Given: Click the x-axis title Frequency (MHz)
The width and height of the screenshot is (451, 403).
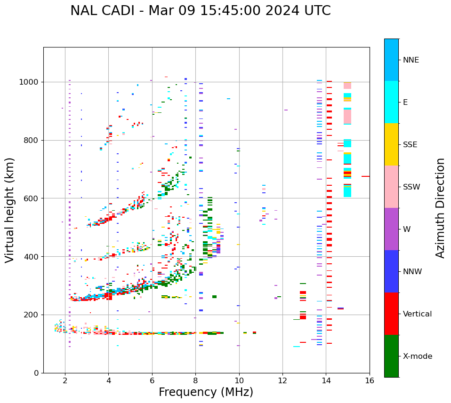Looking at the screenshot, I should coord(206,392).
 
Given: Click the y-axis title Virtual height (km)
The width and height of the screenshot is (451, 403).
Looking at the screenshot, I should coord(10,210).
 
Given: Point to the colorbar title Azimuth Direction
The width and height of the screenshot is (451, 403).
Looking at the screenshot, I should coord(440,208).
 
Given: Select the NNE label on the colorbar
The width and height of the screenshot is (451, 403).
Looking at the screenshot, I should coord(411,60).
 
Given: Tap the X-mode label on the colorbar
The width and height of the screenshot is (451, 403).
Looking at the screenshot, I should coord(417,356).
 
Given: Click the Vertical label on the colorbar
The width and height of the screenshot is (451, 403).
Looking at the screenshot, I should coord(417,314).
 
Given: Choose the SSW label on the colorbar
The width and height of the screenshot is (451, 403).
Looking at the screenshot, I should coord(411,187).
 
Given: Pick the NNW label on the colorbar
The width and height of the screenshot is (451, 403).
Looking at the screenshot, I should coord(412,272).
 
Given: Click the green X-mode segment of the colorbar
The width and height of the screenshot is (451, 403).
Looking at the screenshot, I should coord(391,356).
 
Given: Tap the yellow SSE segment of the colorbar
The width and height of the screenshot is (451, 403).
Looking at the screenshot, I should coord(391,144).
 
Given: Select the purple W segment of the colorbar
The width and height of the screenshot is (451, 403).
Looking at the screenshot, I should coord(391,229).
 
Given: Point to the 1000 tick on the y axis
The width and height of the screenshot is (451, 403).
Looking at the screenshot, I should coord(29,82).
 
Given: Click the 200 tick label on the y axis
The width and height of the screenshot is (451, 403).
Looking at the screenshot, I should coord(32,315).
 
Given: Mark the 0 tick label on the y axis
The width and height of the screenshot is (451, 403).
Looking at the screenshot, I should coord(36,373).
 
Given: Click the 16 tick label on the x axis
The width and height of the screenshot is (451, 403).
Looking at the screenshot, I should coord(370,380).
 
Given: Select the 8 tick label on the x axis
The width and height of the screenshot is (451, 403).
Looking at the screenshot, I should coord(195,380).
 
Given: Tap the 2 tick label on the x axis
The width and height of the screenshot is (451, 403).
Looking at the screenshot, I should coord(65,380).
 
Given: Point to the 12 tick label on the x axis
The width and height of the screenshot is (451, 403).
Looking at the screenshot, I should coord(282,380).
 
